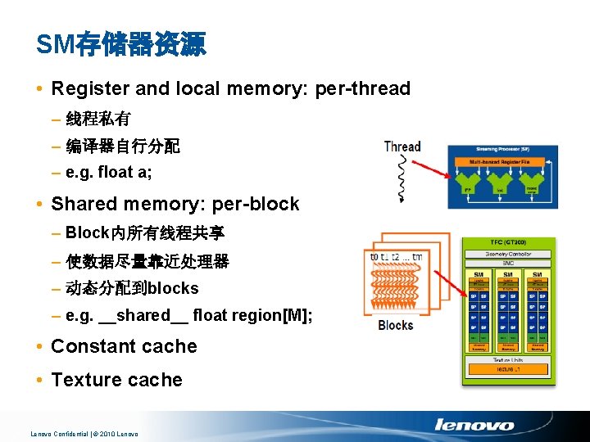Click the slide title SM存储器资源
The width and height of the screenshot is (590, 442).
coord(121,44)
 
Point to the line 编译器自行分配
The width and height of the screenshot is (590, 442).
coord(123,147)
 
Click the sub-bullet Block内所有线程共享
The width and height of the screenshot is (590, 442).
coord(145,233)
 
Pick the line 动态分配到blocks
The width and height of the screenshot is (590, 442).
coord(132,288)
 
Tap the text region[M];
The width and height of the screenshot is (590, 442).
coord(271,315)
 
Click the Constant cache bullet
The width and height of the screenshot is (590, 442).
coord(124,346)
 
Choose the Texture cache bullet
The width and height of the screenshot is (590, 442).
coord(116,380)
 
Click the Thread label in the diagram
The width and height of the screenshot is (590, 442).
coord(402,147)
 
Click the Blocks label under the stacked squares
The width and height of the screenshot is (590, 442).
coord(395,325)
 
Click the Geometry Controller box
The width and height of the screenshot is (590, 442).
coord(509,255)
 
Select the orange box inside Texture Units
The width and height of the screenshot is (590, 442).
coord(509,370)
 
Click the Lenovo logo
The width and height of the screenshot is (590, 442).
coord(474,425)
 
